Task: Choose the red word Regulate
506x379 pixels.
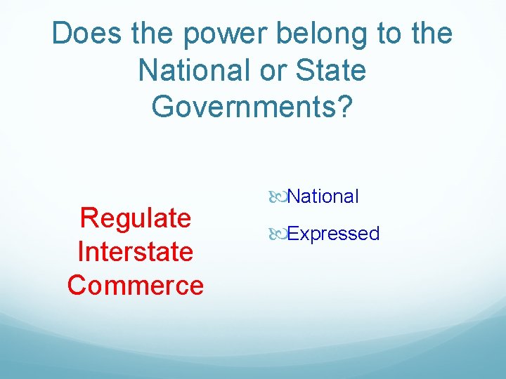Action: (x=136, y=218)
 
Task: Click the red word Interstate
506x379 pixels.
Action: (x=136, y=251)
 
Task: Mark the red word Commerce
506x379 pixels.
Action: (x=136, y=285)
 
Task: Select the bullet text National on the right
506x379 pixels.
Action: (x=323, y=197)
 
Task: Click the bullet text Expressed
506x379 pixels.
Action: (x=333, y=234)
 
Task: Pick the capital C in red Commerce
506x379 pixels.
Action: (x=77, y=285)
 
